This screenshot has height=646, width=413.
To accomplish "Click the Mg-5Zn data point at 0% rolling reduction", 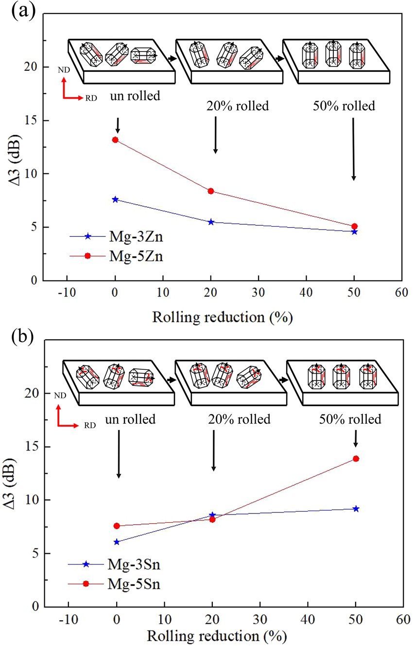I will pos(115,140).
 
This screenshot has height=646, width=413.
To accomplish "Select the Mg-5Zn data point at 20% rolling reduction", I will pos(211,191).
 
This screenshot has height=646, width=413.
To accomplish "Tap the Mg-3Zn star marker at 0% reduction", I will pos(115,199).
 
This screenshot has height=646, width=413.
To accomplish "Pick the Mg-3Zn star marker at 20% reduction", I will pos(211,222).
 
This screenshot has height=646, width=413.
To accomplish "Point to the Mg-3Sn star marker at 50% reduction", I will pos(356,509).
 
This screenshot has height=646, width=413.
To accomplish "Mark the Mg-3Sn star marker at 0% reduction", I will pos(116,542).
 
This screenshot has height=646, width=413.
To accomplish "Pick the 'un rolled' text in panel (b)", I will pos(132,419).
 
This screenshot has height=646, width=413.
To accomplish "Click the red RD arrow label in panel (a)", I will pos(91,98).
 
